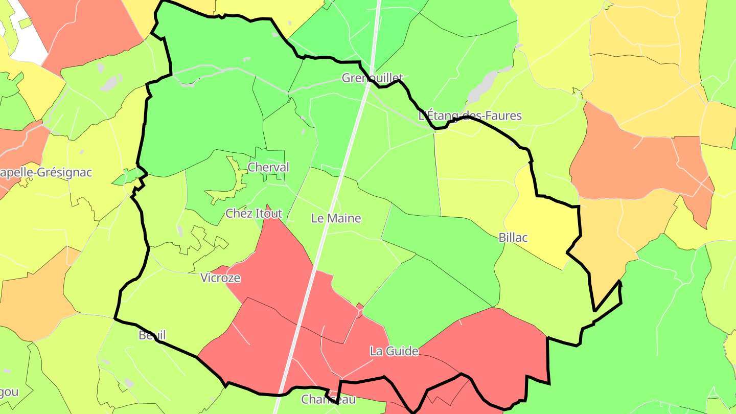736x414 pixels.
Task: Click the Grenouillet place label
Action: click(x=373, y=78)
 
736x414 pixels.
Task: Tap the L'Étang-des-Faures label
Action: click(x=470, y=116)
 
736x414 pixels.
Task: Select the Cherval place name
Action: click(x=268, y=167)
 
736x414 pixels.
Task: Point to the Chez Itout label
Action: click(x=254, y=214)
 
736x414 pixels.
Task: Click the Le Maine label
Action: click(x=336, y=218)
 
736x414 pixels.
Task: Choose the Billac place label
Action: click(x=513, y=238)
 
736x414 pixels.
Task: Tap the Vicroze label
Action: click(x=220, y=278)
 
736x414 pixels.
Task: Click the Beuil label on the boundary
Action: click(x=152, y=335)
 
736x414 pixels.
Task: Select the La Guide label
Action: click(x=394, y=351)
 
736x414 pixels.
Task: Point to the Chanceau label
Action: click(x=328, y=399)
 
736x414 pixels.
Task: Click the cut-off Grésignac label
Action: click(x=46, y=172)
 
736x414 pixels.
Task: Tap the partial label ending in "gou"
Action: click(x=9, y=393)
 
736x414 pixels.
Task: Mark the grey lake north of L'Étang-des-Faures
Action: click(x=483, y=85)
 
